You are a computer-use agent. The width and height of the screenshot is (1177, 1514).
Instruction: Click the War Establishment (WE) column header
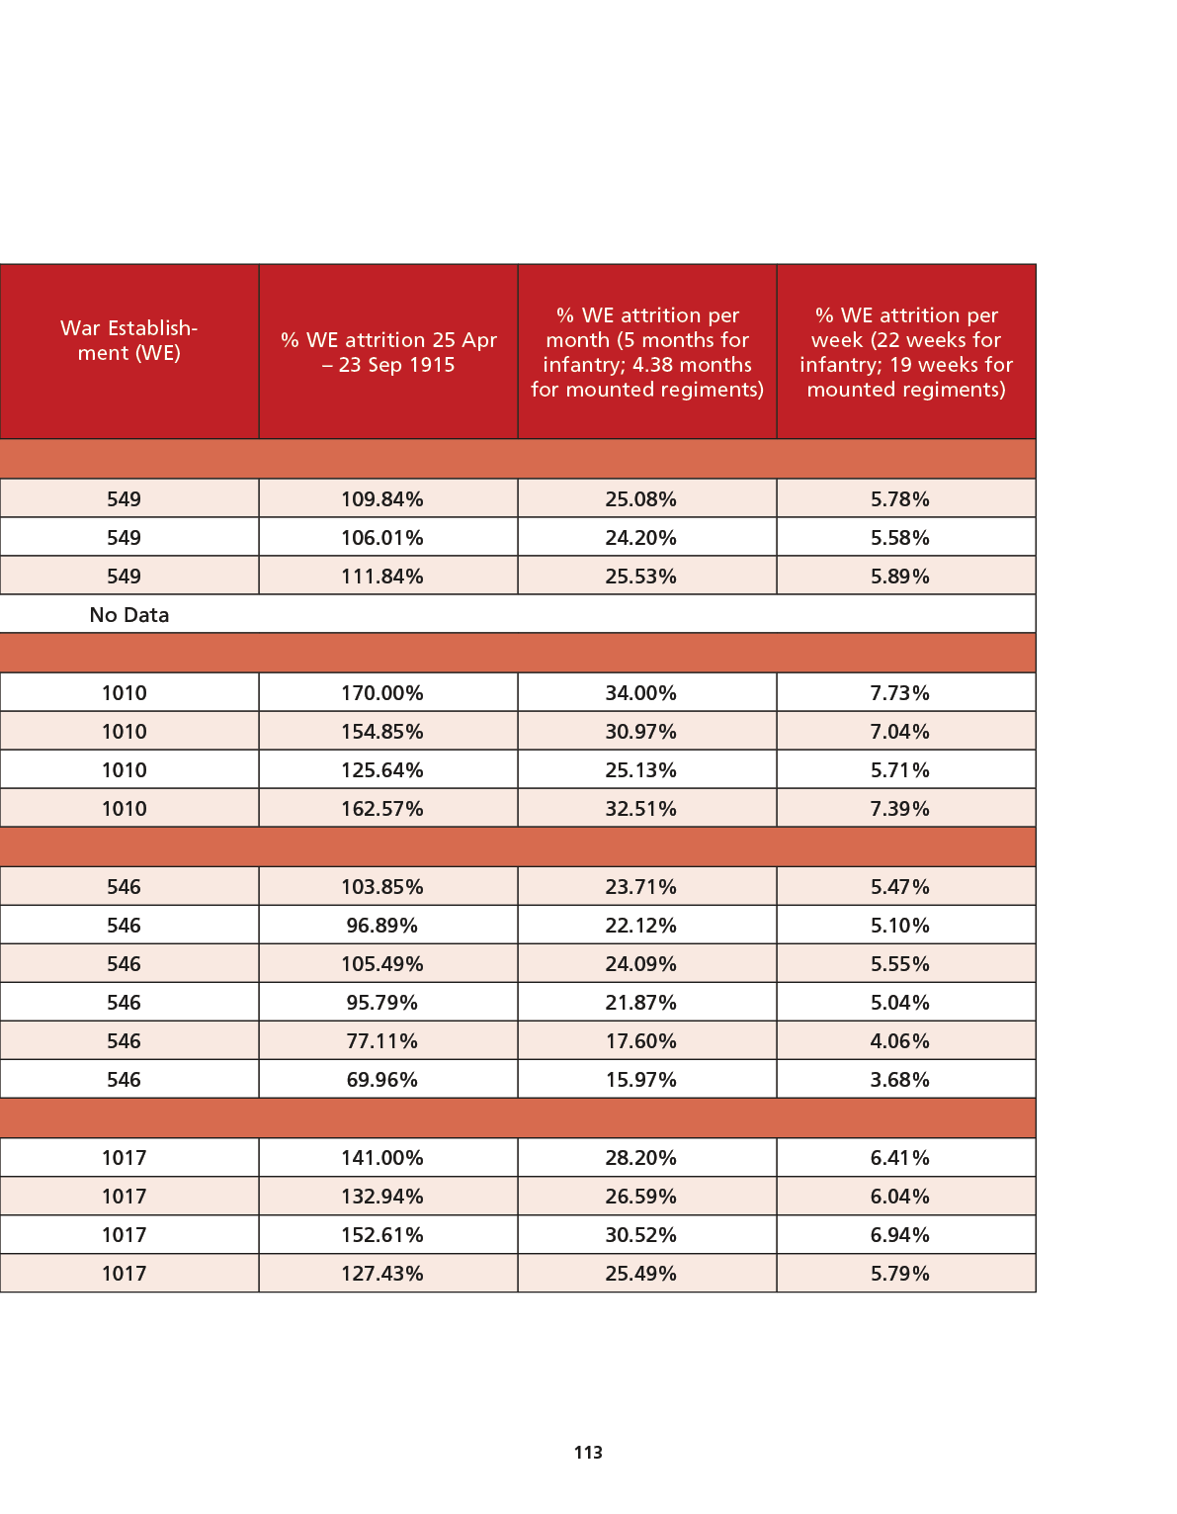pos(128,340)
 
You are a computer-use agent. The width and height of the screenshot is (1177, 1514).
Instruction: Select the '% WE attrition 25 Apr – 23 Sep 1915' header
pos(388,352)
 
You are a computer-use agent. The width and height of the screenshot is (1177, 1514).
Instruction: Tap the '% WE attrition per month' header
pos(647,352)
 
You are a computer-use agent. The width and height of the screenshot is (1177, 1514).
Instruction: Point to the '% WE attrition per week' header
pos(905,352)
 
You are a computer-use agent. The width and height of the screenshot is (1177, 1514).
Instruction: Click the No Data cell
pos(128,614)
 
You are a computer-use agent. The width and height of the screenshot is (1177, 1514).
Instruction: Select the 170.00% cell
pos(382,692)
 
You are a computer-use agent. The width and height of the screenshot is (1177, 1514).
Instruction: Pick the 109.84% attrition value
pos(382,498)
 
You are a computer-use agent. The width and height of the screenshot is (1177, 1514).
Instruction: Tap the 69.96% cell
pos(382,1079)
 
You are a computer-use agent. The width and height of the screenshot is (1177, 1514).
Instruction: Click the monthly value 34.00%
pos(640,692)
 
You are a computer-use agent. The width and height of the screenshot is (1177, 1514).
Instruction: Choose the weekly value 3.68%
pos(899,1079)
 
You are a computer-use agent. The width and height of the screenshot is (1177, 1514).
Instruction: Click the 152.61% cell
pos(382,1234)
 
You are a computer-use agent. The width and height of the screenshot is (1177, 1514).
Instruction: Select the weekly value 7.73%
pos(899,692)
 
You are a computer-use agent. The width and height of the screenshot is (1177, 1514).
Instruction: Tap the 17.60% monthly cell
pos(640,1041)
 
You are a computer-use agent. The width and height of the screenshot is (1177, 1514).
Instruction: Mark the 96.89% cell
pos(382,926)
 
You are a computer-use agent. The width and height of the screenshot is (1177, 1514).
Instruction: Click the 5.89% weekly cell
pos(899,577)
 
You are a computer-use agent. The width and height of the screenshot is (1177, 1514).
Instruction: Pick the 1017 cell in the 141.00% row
pos(124,1157)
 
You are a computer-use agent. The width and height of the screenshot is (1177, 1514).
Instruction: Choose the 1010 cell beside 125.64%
pos(124,770)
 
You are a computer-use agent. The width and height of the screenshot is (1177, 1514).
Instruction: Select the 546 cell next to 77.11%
pos(124,1041)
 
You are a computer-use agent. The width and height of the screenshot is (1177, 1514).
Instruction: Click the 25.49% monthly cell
pos(640,1273)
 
